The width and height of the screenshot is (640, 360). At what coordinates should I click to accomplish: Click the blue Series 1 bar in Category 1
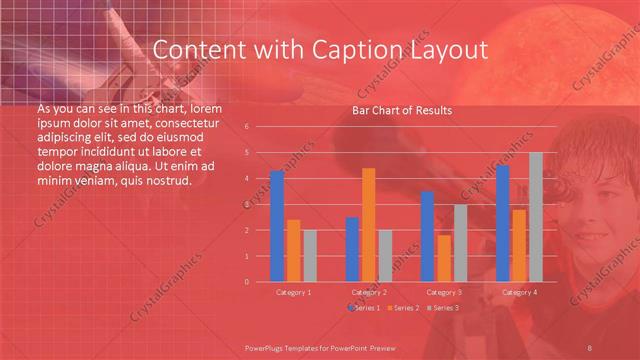point(277,226)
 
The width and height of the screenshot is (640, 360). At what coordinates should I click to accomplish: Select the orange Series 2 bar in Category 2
point(368,225)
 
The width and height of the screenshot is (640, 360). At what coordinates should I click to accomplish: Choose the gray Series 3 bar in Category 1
point(310,256)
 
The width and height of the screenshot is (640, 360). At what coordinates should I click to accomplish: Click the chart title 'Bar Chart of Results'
point(401,110)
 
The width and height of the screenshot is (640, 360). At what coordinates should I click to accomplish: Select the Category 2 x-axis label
point(369,292)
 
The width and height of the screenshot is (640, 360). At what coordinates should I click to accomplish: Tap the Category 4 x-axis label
point(518,292)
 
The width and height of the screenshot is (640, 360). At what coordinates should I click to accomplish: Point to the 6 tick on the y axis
point(247,127)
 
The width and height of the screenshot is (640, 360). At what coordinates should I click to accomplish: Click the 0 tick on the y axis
point(247,281)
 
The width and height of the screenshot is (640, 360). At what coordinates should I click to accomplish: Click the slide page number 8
point(591,347)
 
